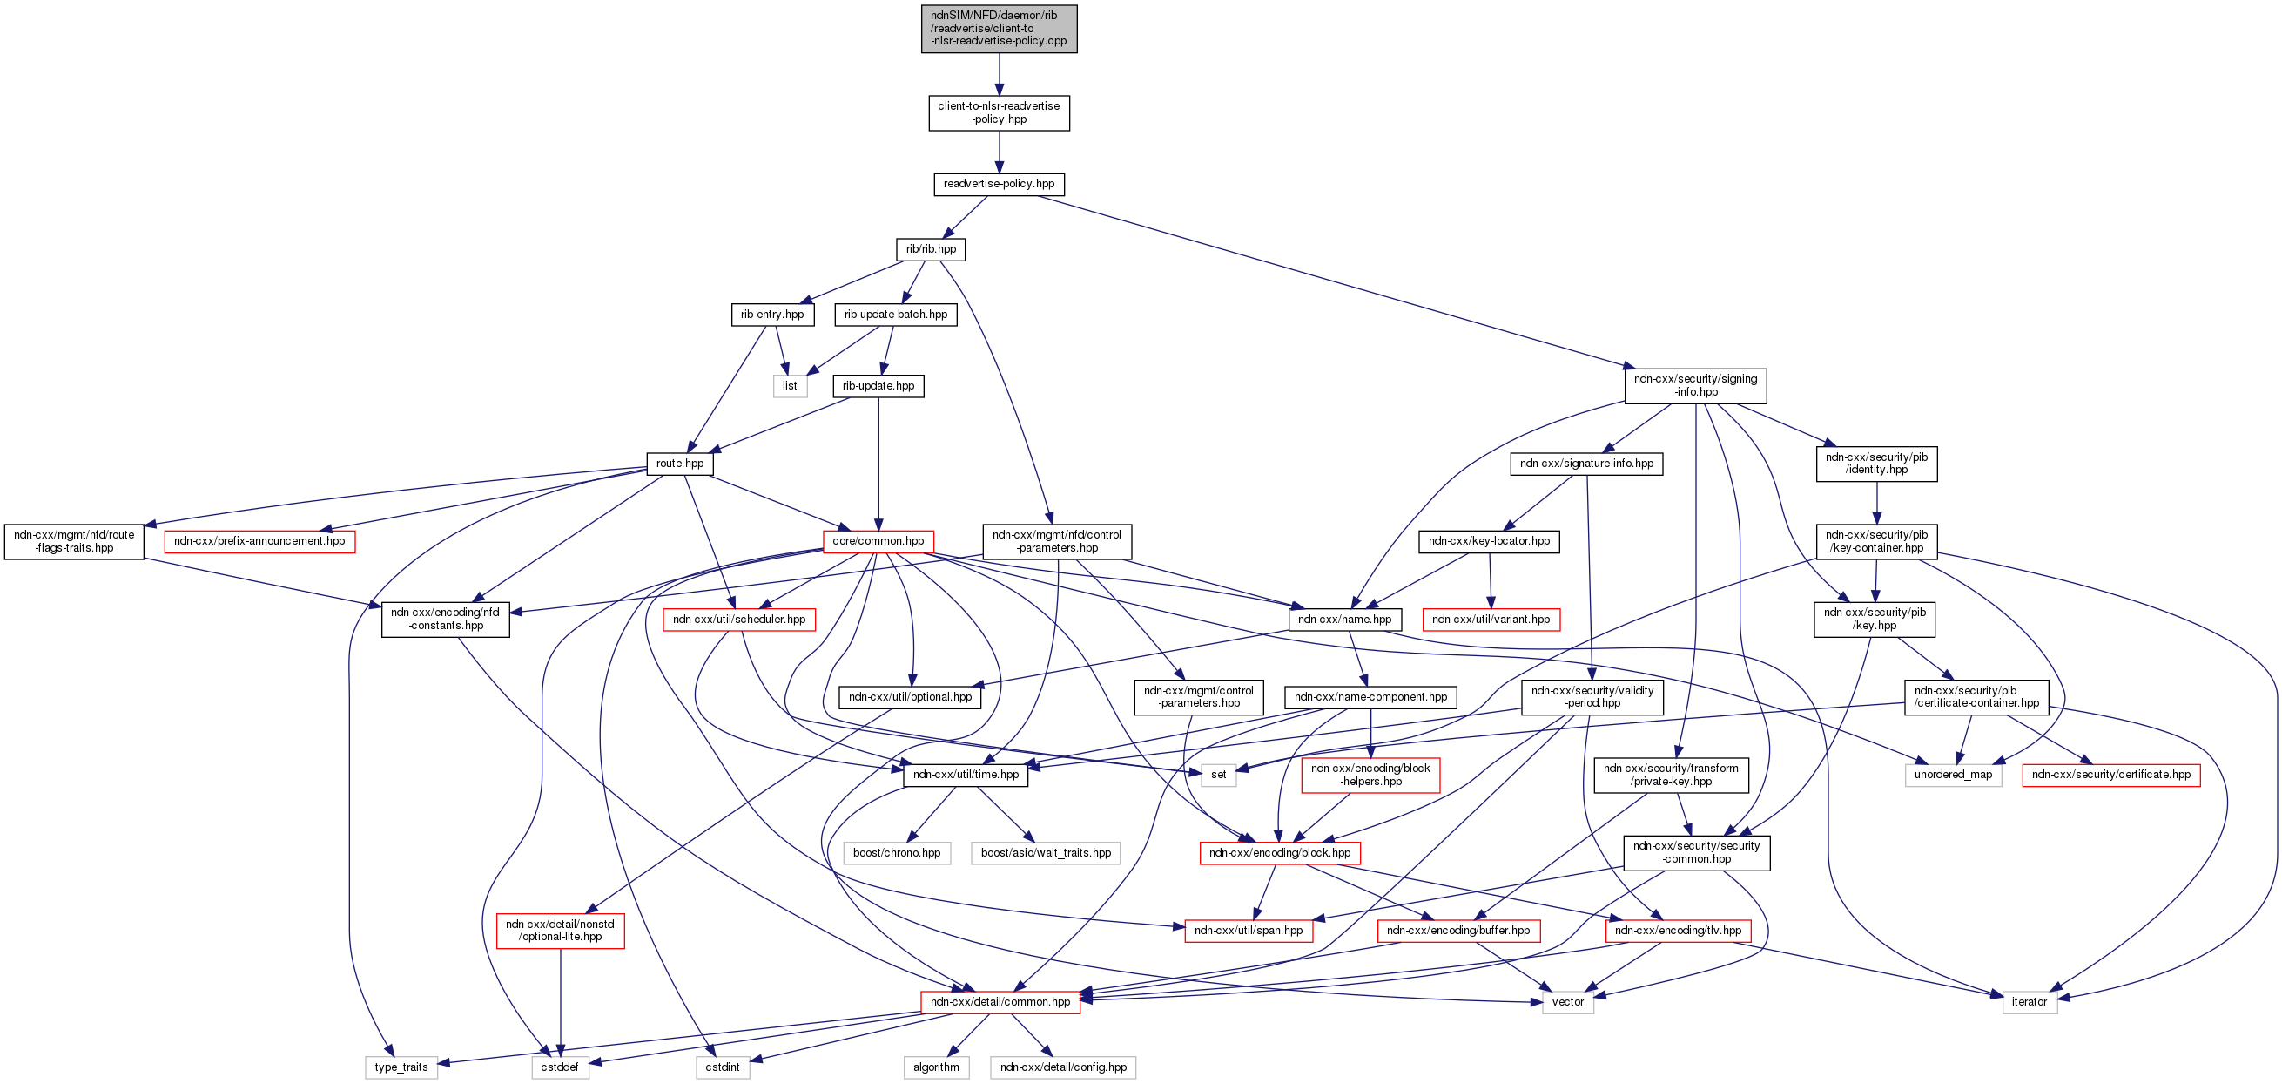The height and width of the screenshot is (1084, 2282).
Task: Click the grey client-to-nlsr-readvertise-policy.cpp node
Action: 999,29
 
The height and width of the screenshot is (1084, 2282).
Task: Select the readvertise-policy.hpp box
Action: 999,185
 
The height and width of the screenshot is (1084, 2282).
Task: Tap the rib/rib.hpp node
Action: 930,249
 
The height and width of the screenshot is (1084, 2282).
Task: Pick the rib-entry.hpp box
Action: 771,315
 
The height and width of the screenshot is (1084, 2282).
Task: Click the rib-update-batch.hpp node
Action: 895,315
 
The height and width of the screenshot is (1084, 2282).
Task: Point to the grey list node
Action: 790,386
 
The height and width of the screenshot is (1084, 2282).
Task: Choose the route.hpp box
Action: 679,464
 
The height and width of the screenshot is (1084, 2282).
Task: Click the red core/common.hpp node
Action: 877,541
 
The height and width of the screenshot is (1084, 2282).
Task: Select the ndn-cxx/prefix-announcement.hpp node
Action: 259,541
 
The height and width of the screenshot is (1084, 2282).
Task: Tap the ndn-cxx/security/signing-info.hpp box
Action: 1694,385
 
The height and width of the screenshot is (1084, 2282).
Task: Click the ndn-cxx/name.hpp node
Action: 1344,620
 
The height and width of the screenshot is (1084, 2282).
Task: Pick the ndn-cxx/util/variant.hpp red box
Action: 1490,620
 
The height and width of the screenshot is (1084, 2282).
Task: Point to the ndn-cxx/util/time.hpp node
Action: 966,775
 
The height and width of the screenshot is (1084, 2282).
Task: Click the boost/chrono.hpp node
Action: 897,854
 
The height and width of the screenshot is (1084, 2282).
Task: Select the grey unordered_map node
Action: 1953,775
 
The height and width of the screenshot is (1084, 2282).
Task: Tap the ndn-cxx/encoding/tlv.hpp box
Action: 1677,931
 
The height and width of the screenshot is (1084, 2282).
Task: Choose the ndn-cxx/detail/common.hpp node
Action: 1000,1002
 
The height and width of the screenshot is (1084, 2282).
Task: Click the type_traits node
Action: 401,1067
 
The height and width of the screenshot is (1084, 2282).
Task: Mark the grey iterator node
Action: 2029,1002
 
